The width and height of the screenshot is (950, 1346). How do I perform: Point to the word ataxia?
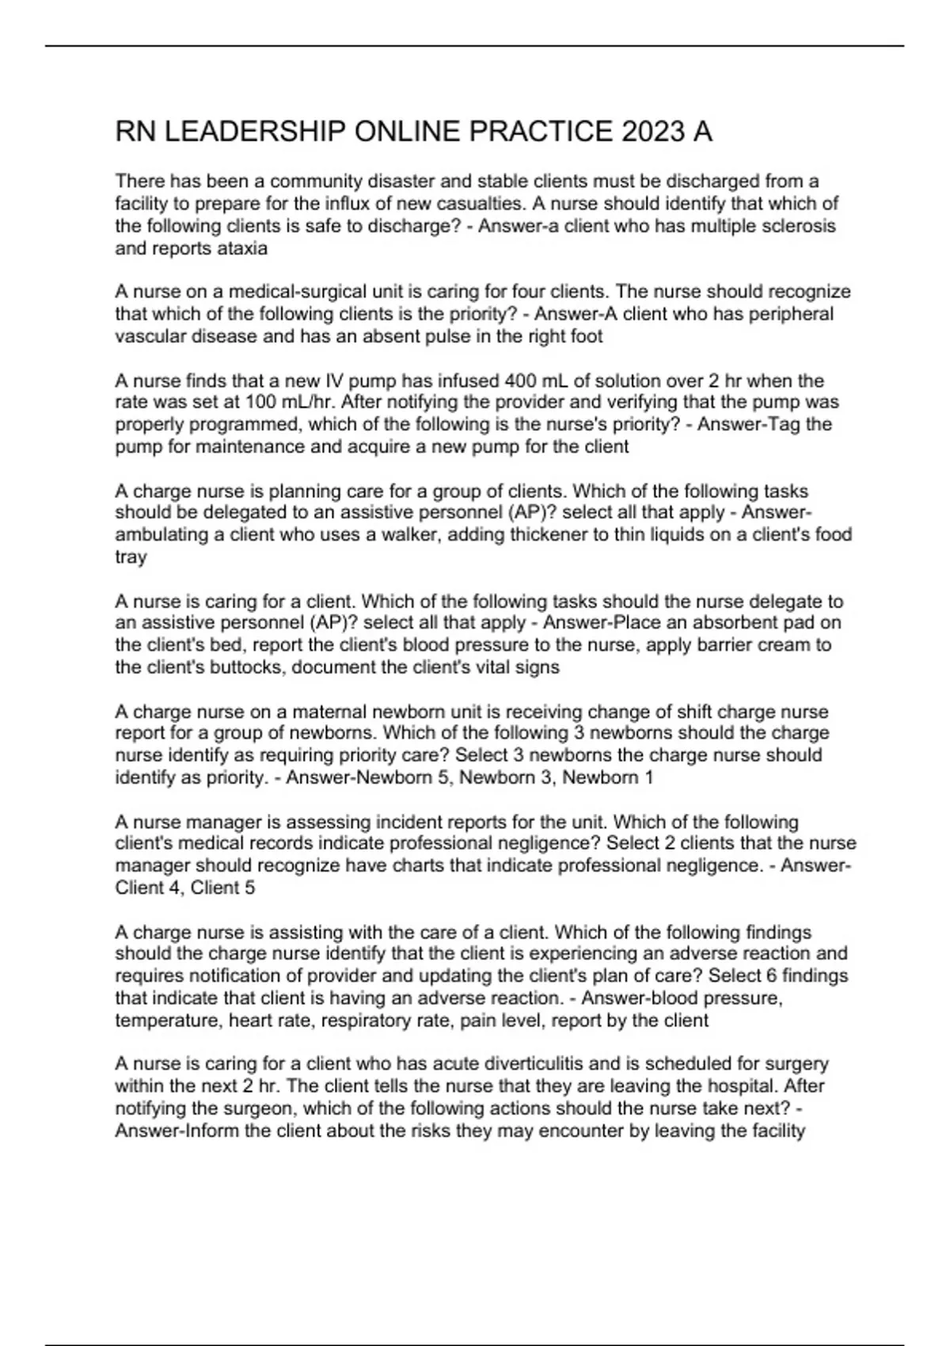pyautogui.click(x=241, y=248)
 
